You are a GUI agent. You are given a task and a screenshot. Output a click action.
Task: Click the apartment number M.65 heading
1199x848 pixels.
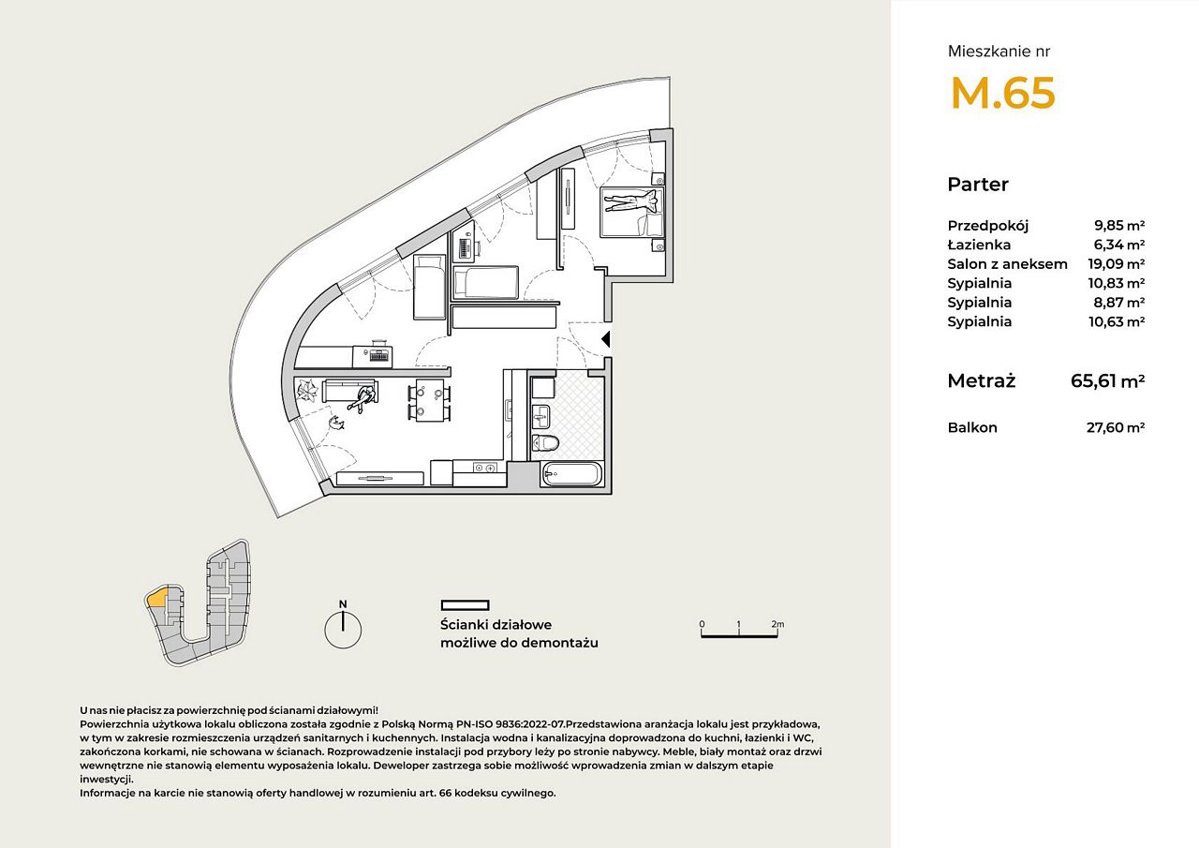(x=1002, y=93)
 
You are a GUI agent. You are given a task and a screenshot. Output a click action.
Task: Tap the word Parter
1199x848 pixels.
(x=978, y=185)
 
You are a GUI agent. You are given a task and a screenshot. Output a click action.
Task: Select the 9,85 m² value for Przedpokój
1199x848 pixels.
(x=1119, y=226)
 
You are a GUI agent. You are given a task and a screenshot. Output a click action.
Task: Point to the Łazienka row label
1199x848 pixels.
(x=979, y=245)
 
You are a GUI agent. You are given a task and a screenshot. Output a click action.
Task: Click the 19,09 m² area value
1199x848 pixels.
(x=1116, y=264)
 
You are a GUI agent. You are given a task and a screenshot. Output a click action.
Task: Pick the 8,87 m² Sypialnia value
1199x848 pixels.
(x=1119, y=303)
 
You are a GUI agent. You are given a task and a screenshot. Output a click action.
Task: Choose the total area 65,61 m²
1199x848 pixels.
(x=1107, y=380)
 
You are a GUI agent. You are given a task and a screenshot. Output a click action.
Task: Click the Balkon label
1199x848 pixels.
(x=972, y=427)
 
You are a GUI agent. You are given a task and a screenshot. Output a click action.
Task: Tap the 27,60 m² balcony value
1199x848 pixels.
(x=1116, y=427)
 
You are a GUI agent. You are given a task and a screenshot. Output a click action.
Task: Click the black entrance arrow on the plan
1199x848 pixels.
(x=606, y=339)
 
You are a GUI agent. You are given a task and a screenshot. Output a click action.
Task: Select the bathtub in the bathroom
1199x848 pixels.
(x=571, y=474)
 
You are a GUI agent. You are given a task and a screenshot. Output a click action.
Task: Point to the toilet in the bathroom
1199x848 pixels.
(x=546, y=442)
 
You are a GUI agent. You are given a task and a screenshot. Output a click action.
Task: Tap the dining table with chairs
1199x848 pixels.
(x=430, y=400)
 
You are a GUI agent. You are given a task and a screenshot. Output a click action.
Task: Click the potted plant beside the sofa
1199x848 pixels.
(x=308, y=389)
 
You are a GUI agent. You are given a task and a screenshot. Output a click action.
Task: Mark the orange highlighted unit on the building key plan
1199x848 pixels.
(x=156, y=598)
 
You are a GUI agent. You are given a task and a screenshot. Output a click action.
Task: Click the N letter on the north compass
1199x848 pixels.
(x=343, y=604)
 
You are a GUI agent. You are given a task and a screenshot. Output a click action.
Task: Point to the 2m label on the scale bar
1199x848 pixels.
(x=777, y=624)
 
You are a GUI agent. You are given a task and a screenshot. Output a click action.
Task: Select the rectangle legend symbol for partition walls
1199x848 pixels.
(x=466, y=605)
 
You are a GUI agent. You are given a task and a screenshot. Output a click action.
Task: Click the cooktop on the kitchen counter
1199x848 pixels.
(x=485, y=468)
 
